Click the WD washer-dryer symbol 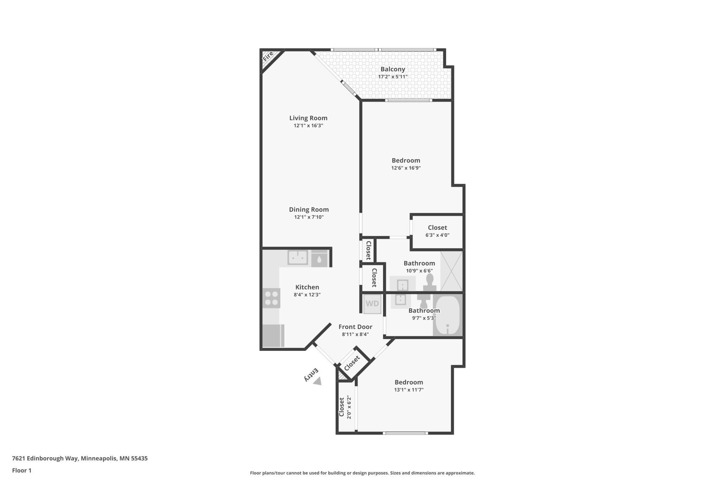click(x=372, y=304)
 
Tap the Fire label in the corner click(x=268, y=56)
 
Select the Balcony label click(x=392, y=69)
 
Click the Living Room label click(x=308, y=118)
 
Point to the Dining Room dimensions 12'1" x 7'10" click(x=309, y=217)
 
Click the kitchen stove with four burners click(x=272, y=298)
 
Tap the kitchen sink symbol click(x=298, y=258)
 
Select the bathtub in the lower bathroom click(x=448, y=316)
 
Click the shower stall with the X click(x=451, y=271)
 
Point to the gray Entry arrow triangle click(x=318, y=381)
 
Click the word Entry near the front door click(x=311, y=374)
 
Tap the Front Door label click(x=355, y=327)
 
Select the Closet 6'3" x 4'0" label click(x=437, y=231)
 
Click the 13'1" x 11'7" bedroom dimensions click(x=409, y=390)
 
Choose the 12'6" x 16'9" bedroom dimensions click(x=406, y=168)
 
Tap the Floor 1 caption click(x=22, y=470)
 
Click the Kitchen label click(x=307, y=287)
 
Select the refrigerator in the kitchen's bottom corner click(x=273, y=336)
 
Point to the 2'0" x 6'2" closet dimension click(x=349, y=407)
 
